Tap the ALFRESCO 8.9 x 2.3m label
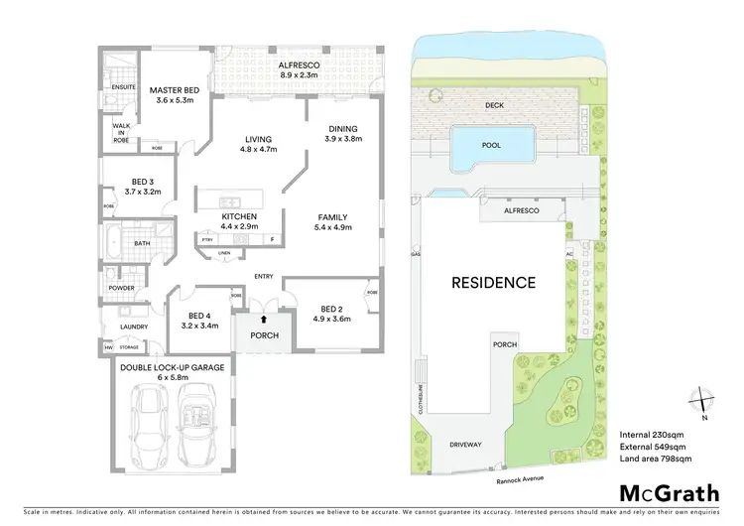[x=300, y=67]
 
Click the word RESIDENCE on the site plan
[x=493, y=283]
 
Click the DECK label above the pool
[x=494, y=104]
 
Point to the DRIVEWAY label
[x=465, y=445]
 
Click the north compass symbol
[x=702, y=399]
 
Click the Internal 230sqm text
[x=652, y=435]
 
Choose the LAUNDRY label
[x=133, y=327]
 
